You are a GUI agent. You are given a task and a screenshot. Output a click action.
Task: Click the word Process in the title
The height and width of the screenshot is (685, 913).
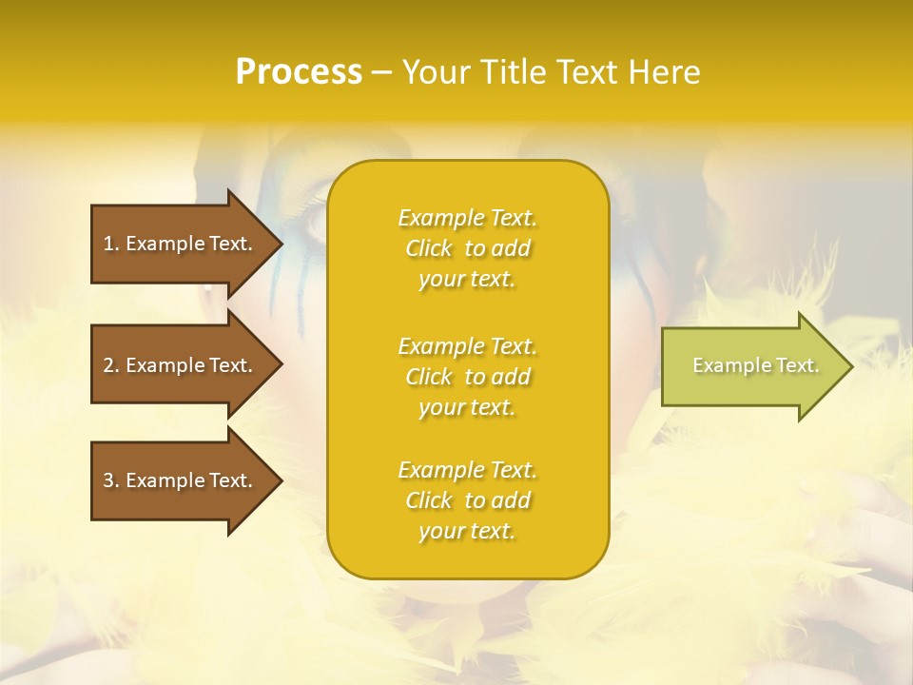click(x=299, y=72)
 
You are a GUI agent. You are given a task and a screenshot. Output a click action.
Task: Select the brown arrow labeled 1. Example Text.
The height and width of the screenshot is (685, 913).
click(x=181, y=244)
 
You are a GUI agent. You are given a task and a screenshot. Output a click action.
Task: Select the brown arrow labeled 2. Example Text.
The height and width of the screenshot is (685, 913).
click(x=181, y=365)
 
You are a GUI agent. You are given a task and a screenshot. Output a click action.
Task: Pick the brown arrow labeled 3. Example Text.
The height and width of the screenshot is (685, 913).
click(x=181, y=480)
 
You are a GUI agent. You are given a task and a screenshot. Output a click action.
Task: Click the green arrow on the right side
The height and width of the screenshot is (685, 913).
click(x=751, y=365)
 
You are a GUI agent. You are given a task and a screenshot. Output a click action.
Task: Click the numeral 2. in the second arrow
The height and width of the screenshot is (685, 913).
click(x=111, y=365)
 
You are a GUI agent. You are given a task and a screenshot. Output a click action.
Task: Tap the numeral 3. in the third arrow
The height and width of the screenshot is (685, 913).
click(x=111, y=480)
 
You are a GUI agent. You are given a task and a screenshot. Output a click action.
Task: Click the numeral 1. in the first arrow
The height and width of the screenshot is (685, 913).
click(x=111, y=244)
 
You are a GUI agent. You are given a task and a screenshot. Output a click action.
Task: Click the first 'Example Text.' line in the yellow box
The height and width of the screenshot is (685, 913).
click(x=467, y=218)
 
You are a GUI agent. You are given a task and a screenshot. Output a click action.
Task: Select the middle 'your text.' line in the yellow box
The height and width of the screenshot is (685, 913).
click(x=467, y=407)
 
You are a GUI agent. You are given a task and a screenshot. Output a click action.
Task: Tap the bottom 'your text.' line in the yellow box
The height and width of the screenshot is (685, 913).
click(x=467, y=531)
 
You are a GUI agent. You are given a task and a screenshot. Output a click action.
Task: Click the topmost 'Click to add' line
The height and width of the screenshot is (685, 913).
click(x=467, y=248)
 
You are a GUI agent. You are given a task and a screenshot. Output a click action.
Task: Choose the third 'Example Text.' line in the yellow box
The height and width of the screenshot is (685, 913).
click(x=467, y=470)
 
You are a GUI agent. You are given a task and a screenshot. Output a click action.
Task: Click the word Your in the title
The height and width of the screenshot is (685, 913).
click(x=437, y=72)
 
